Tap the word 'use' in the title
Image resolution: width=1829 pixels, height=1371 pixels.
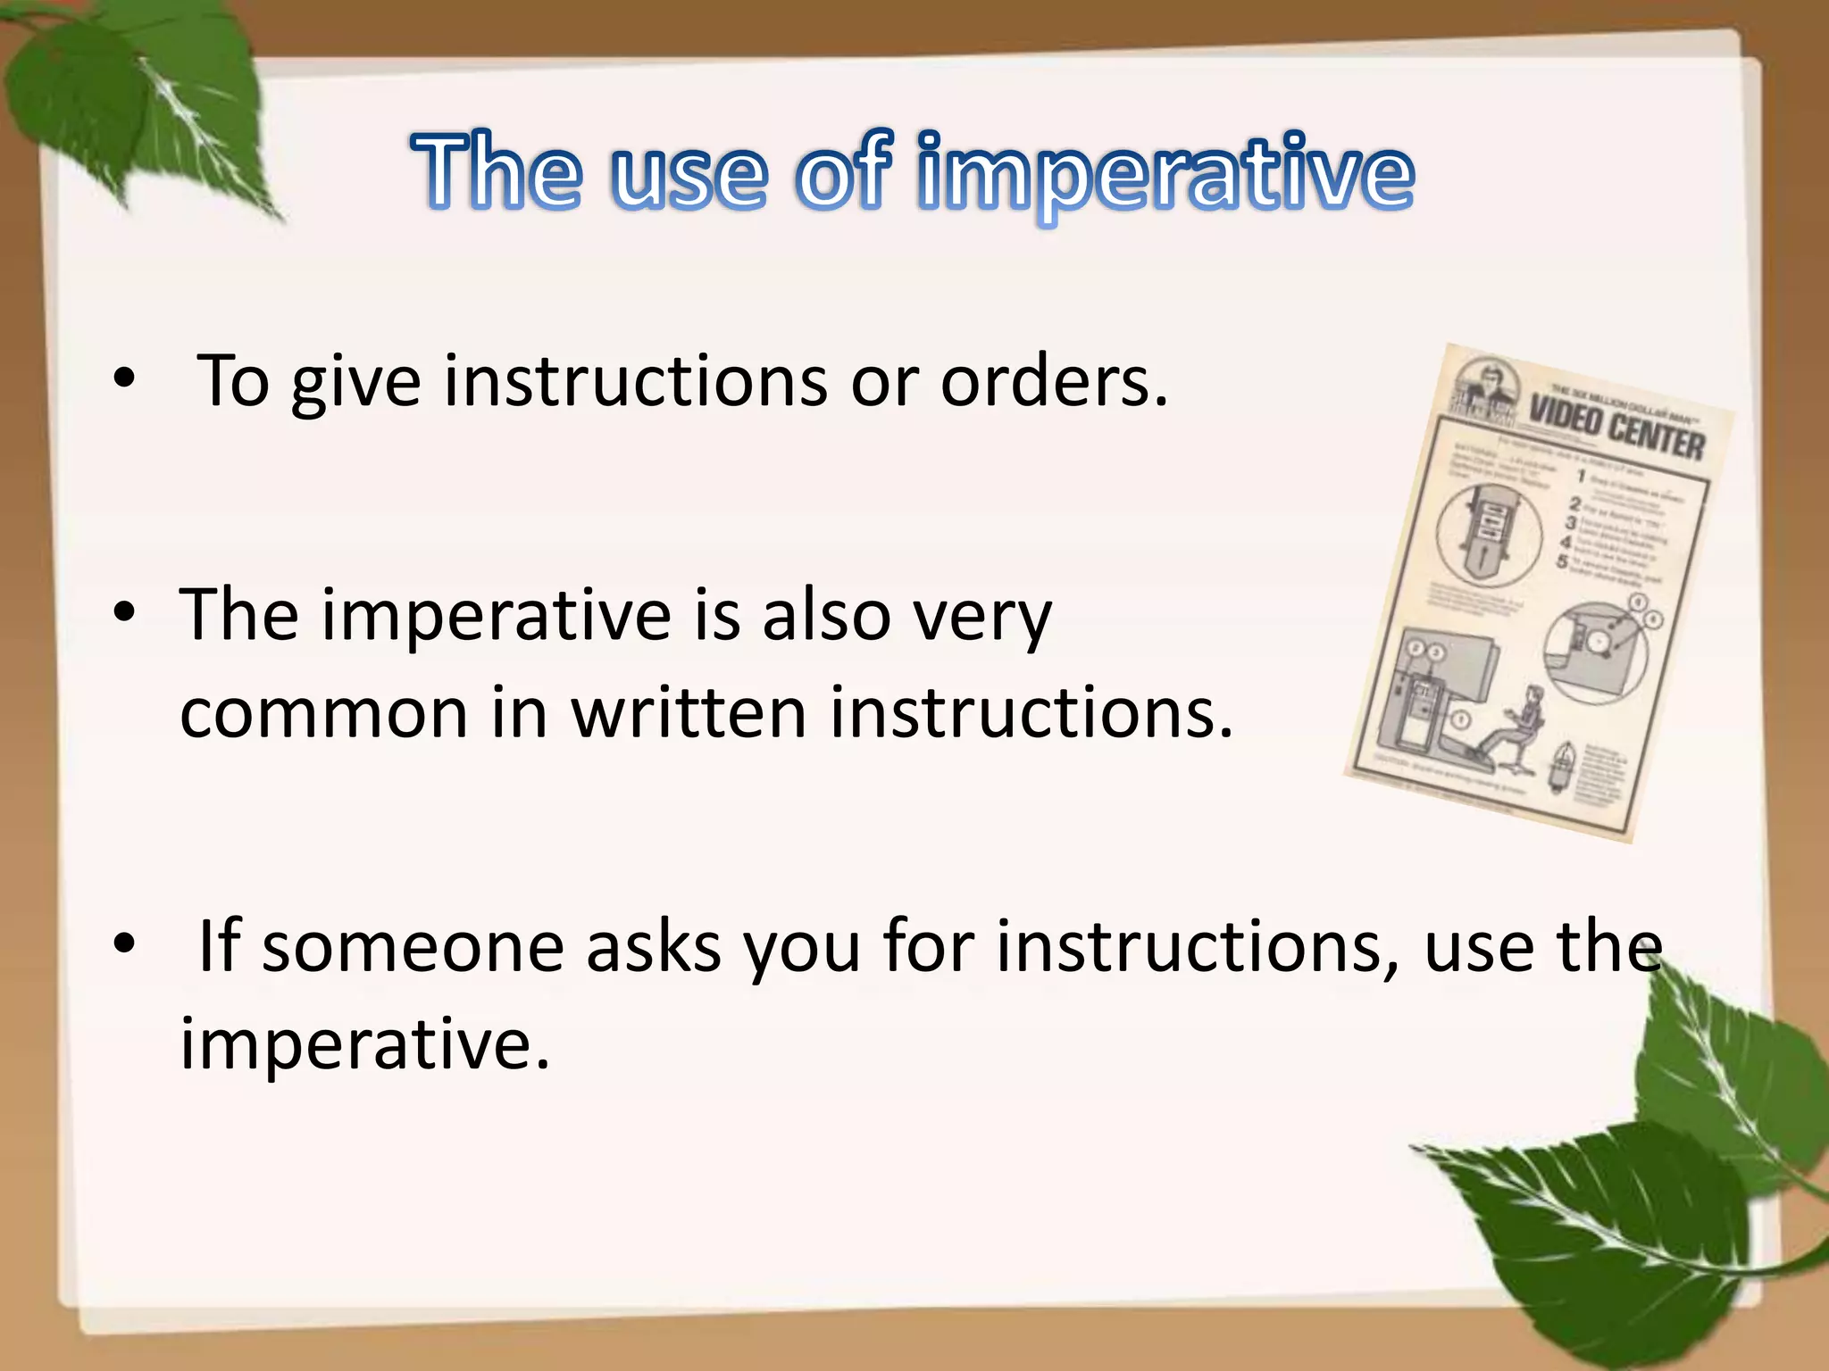[x=689, y=173]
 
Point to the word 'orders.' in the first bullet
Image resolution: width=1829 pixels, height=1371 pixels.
[x=1054, y=382]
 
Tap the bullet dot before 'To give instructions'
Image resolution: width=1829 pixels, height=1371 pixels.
[x=124, y=379]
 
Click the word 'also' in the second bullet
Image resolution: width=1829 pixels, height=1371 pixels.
[x=826, y=616]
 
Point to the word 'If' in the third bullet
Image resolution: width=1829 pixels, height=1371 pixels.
[x=219, y=945]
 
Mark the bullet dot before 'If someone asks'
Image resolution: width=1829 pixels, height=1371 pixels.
[x=124, y=943]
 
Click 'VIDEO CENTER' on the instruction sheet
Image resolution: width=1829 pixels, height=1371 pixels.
[x=1616, y=428]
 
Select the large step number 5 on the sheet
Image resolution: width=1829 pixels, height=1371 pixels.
[x=1561, y=561]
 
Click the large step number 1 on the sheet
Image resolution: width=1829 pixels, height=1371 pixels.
[x=1580, y=475]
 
